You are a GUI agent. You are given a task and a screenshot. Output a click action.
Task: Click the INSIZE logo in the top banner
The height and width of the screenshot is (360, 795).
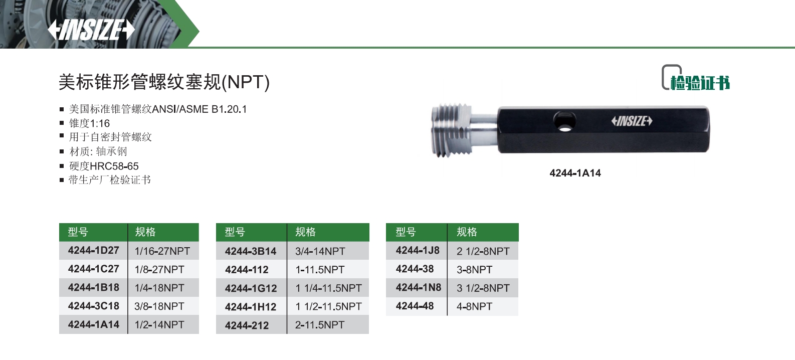coord(91,30)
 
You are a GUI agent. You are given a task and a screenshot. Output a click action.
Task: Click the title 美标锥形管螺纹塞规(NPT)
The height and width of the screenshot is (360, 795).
coord(164,82)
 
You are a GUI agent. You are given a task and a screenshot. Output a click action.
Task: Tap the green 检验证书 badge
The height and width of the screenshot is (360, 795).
coord(696,78)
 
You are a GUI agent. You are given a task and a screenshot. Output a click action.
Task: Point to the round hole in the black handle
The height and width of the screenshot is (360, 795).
coord(565,121)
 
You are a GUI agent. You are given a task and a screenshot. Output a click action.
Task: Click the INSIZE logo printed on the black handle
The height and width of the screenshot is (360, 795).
coord(632,121)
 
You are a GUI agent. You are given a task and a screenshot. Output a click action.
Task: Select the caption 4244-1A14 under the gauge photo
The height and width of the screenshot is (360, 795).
coord(575,173)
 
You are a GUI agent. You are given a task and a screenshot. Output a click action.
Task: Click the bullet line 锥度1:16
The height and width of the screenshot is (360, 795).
coord(89,123)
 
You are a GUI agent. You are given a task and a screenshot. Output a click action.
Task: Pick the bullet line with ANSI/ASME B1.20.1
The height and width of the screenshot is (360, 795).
coord(157,109)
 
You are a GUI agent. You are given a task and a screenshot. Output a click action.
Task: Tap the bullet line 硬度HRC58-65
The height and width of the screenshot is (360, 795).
coord(104,166)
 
